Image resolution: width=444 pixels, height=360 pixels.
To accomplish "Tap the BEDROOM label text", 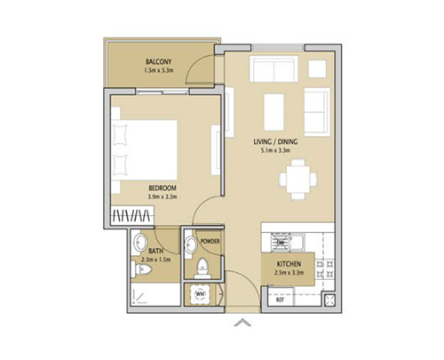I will pyautogui.click(x=163, y=188).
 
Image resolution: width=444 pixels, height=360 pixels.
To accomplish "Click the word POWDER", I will pyautogui.click(x=210, y=242).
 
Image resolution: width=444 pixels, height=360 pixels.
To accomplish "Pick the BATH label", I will pyautogui.click(x=155, y=252).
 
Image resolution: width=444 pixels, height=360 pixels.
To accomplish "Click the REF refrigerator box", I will pyautogui.click(x=281, y=300).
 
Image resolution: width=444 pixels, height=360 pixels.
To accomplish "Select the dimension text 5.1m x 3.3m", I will pyautogui.click(x=275, y=151).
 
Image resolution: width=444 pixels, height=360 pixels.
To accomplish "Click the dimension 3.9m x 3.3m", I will pyautogui.click(x=163, y=197).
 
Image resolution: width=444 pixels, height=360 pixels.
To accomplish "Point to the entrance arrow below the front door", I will pyautogui.click(x=239, y=324).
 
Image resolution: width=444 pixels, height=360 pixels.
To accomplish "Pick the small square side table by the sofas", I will pyautogui.click(x=313, y=68).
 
